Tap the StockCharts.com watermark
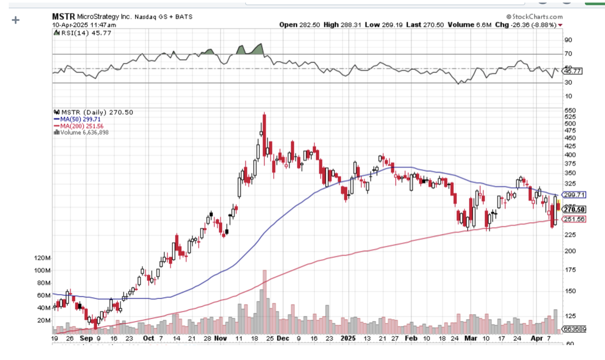tap(535, 16)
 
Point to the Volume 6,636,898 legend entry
tap(82, 132)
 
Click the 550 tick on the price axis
tap(570, 111)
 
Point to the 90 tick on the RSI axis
tap(568, 40)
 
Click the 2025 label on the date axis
tap(348, 338)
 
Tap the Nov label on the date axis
tap(220, 338)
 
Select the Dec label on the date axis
tap(281, 338)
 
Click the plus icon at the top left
tap(15, 20)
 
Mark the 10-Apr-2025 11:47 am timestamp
tap(84, 25)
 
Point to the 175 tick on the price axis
tap(570, 270)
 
